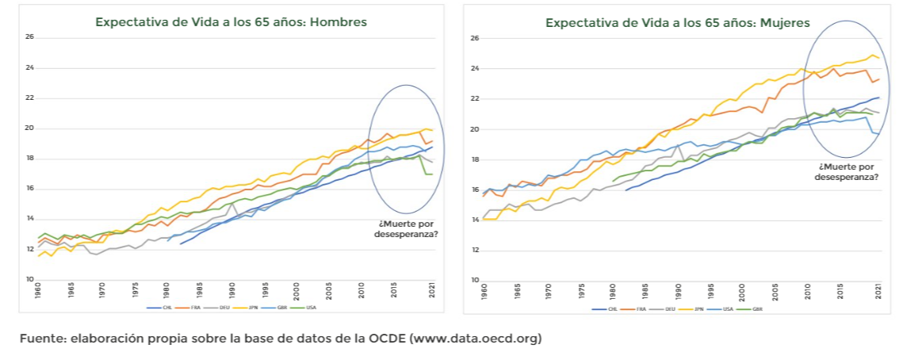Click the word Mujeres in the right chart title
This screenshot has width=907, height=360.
783,23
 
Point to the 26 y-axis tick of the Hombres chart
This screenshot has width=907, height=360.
29,36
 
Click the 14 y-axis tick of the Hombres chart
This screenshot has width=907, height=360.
29,219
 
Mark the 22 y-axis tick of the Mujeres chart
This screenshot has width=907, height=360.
473,98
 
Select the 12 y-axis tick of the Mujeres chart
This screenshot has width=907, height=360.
473,250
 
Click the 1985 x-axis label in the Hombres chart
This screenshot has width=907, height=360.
199,290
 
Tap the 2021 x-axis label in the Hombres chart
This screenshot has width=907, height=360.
431,290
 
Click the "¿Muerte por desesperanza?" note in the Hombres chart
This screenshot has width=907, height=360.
407,230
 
